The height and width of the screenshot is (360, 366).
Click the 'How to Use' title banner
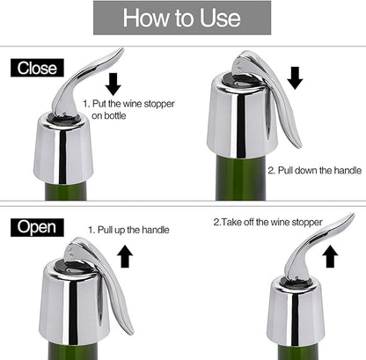pos(183,17)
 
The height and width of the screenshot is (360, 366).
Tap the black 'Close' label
pos(35,68)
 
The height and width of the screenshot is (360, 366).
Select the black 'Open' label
pos(36,228)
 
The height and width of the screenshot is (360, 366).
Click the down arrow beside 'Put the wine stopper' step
pos(112,84)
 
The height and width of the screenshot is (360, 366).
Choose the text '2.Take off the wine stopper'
pos(267,222)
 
